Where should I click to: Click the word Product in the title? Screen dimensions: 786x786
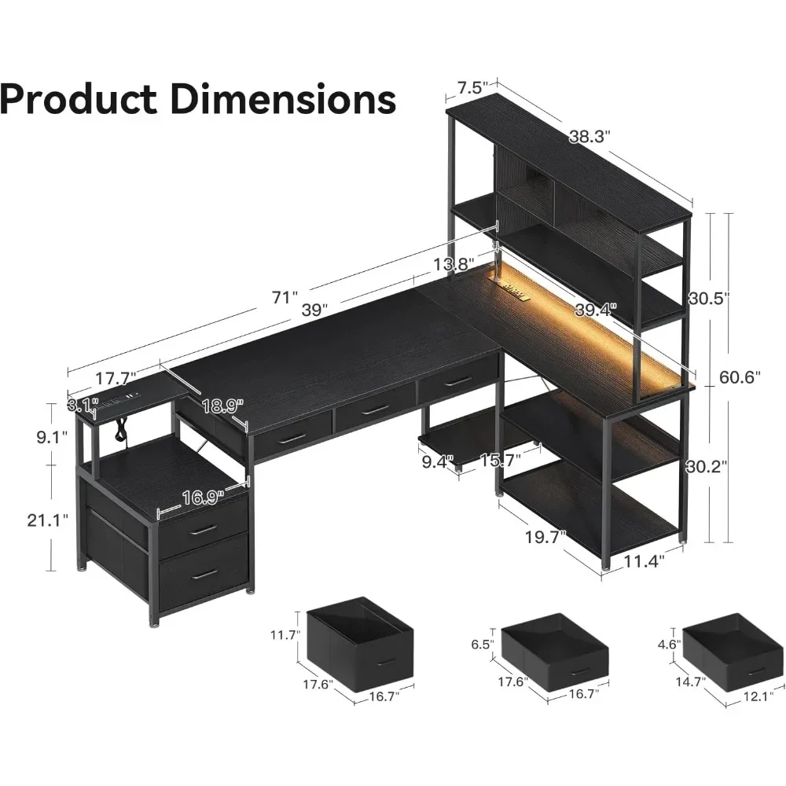pyautogui.click(x=79, y=101)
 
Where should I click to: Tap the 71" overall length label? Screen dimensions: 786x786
pyautogui.click(x=285, y=298)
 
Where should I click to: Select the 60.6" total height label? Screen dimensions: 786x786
pyautogui.click(x=740, y=377)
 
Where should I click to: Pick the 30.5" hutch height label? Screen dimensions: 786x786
pyautogui.click(x=709, y=299)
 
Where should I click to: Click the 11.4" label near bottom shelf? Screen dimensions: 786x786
pyautogui.click(x=642, y=560)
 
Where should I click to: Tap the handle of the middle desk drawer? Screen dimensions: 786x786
pyautogui.click(x=374, y=410)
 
